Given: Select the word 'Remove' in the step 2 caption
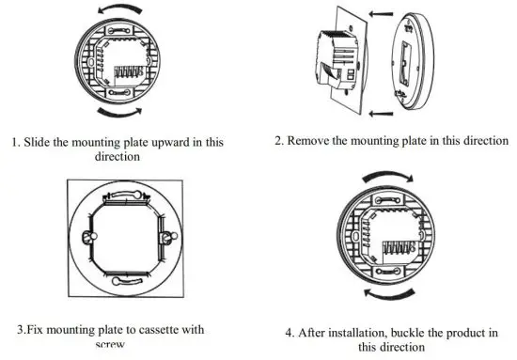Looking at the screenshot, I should pos(315,141).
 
